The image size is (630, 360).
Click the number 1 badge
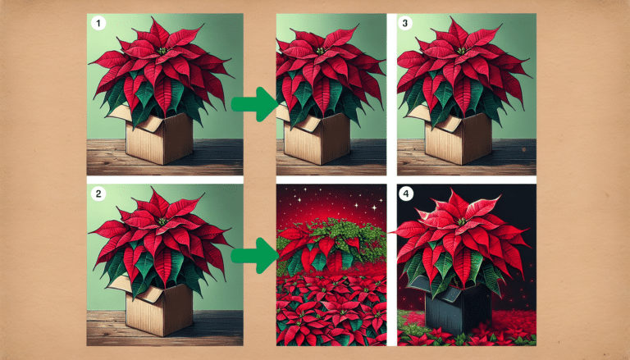click(99, 25)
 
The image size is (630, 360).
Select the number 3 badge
click(406, 25)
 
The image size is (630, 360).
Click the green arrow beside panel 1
click(249, 104)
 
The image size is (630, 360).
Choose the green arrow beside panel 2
click(249, 257)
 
